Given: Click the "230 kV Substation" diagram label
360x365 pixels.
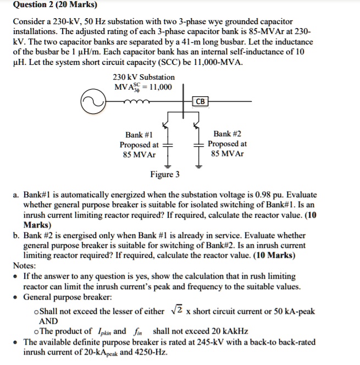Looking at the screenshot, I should click(x=143, y=77).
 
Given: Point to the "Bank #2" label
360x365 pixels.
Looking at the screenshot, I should click(x=227, y=134).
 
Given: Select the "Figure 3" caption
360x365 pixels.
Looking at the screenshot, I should click(x=165, y=175).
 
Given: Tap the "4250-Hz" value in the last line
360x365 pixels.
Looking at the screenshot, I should click(x=151, y=352).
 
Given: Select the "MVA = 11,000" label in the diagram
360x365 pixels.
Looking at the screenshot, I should click(x=143, y=88).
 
